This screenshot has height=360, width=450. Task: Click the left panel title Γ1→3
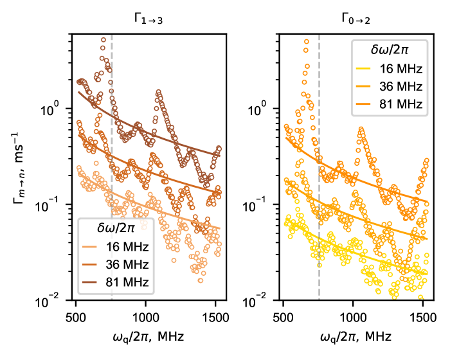tap(148, 20)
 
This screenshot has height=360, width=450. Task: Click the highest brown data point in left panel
tap(103, 40)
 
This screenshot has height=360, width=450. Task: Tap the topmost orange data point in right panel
tap(307, 42)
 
